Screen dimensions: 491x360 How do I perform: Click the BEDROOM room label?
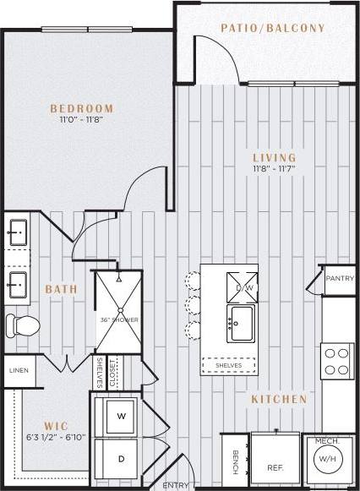(x=82, y=108)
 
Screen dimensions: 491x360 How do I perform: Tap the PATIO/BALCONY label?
(x=273, y=28)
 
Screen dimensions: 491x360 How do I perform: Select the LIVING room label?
(x=275, y=157)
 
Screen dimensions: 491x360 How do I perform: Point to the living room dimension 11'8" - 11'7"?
(x=275, y=169)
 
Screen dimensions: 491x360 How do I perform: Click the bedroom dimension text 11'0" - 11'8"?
(x=82, y=120)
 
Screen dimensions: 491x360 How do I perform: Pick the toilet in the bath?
(x=24, y=325)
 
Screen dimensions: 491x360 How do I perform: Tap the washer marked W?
(x=121, y=416)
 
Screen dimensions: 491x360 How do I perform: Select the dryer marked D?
(x=121, y=459)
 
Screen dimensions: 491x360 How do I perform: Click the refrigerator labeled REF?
(x=275, y=466)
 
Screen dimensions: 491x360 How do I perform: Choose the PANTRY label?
(x=340, y=276)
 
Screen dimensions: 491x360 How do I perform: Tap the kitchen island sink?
(x=243, y=321)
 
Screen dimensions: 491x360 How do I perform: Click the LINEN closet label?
(x=19, y=370)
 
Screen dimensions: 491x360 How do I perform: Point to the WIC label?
(x=55, y=425)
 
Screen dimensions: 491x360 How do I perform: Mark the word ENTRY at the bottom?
(x=175, y=485)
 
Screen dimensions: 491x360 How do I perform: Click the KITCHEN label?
(x=278, y=397)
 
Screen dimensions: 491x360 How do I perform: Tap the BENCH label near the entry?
(x=235, y=462)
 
